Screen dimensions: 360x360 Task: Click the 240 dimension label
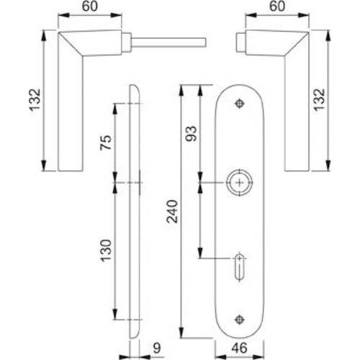point(170,211)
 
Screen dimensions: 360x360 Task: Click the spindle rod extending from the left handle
point(169,41)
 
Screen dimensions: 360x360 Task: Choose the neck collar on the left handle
point(127,41)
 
